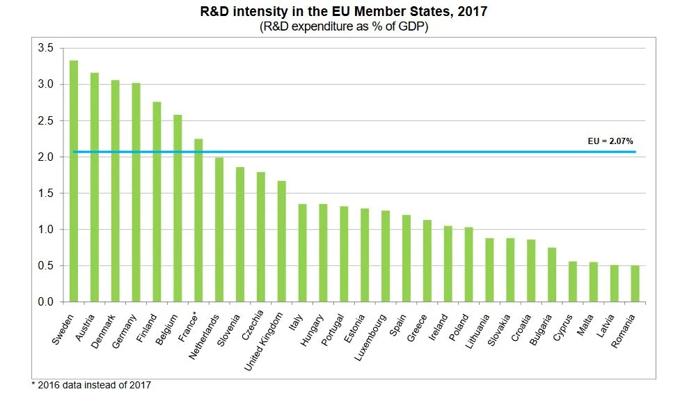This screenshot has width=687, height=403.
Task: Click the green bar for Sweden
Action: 74,181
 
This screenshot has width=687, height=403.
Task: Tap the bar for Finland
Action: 157,202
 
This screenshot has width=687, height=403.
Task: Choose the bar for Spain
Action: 406,258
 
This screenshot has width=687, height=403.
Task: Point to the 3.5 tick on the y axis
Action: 46,48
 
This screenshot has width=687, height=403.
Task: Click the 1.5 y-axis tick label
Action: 46,193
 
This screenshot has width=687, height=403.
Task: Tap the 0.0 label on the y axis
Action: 46,302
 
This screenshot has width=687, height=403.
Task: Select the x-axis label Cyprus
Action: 562,324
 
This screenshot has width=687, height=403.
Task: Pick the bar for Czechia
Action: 260,237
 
